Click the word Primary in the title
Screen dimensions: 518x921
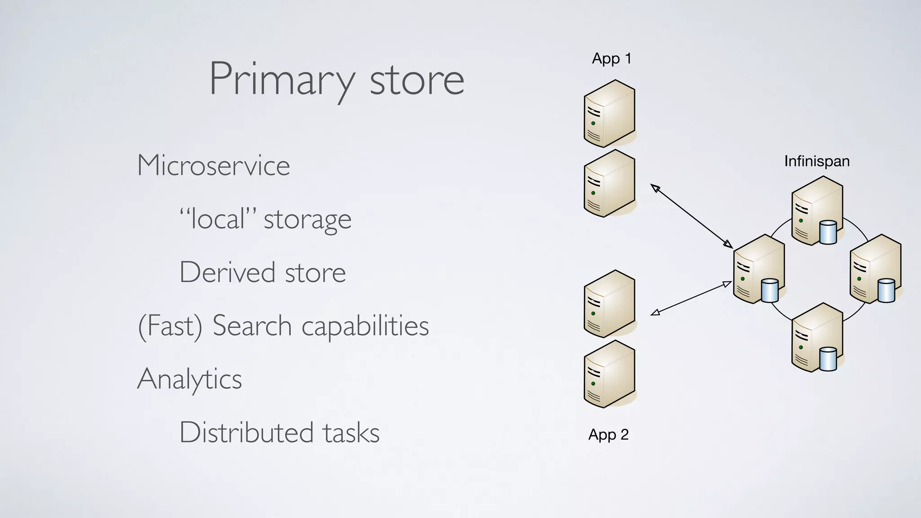[282, 80]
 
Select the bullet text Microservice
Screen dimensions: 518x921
[214, 165]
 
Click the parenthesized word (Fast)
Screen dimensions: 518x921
[170, 326]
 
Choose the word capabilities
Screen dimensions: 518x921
[365, 326]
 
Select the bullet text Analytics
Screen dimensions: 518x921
[189, 379]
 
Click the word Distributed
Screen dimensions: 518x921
[246, 433]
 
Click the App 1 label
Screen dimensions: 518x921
[611, 58]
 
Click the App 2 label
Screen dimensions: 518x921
[608, 434]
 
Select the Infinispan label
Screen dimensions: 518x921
[817, 161]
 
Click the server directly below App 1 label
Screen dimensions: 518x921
[609, 114]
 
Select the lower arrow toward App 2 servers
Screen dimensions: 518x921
[691, 298]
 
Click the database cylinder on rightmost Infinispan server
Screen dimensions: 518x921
[886, 290]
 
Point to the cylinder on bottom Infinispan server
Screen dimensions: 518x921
[828, 359]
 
